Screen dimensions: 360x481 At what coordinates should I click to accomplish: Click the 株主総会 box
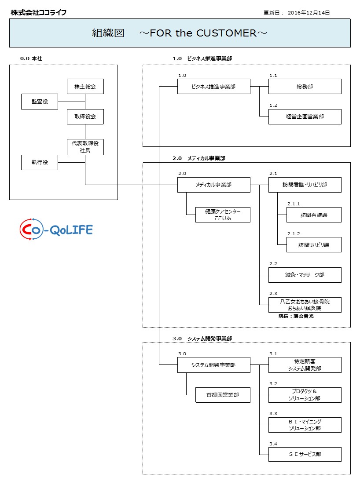85,87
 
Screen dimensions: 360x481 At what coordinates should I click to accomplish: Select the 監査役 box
40,102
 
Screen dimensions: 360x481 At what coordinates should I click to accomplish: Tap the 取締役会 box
85,117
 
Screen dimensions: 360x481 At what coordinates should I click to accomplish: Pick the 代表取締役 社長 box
85,147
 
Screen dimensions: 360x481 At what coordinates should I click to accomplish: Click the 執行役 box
40,162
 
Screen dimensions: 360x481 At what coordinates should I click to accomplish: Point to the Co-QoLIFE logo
56,230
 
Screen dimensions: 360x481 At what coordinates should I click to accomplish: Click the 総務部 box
305,87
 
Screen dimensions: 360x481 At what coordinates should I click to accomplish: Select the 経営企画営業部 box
305,117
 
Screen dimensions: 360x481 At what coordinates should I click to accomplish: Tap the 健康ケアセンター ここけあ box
223,215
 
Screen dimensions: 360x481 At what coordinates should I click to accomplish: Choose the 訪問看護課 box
314,215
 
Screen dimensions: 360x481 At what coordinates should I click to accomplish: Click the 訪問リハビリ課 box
314,245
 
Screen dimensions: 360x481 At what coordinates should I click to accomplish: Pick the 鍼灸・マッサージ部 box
305,275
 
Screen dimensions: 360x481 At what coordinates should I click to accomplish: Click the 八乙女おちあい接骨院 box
305,305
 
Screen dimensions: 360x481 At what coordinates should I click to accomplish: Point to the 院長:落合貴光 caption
296,316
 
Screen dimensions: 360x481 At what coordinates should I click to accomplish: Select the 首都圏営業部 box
223,395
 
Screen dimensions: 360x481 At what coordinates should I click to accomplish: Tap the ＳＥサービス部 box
305,454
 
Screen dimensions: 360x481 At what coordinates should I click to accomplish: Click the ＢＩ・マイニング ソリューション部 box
305,425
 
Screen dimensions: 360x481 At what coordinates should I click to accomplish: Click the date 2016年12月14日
309,13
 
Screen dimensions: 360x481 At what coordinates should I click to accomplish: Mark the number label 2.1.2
294,234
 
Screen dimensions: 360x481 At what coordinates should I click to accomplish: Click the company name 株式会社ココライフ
39,13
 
